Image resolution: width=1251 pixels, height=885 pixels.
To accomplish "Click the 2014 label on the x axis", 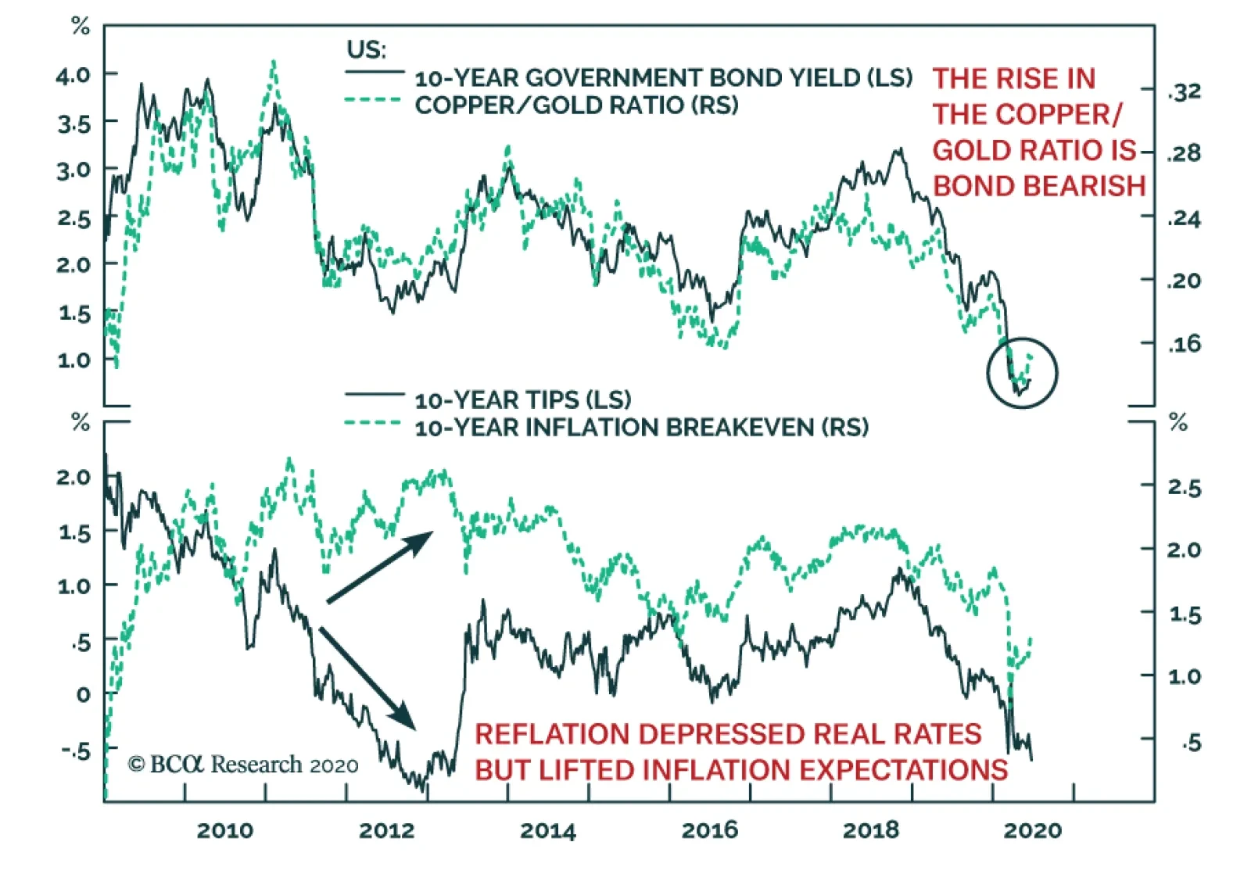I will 547,830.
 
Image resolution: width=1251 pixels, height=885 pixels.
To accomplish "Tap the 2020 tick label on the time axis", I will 1032,830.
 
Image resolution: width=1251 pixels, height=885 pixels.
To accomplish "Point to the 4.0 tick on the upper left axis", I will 73,76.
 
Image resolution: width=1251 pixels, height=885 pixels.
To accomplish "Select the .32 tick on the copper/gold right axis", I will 1184,92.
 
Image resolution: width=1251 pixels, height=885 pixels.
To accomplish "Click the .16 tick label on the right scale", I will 1184,343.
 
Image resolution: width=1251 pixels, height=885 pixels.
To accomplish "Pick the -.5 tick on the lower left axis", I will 76,750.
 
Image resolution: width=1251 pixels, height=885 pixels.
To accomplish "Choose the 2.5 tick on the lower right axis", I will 1184,487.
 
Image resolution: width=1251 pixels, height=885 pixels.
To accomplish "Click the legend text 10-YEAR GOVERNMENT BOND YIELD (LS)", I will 663,78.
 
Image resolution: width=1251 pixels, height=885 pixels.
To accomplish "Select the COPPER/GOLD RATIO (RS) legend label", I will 576,106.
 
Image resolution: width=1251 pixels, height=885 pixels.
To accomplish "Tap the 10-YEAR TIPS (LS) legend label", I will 522,400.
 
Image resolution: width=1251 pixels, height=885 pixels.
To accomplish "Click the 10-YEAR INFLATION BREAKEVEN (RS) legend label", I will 641,428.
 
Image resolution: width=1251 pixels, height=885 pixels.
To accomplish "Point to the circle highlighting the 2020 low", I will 1022,373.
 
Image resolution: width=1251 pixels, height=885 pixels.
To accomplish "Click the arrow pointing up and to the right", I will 380,567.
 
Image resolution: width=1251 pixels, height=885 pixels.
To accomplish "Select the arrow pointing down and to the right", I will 367,678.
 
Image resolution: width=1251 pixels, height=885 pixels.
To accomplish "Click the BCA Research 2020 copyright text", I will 243,764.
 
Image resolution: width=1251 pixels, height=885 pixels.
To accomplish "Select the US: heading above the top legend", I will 366,50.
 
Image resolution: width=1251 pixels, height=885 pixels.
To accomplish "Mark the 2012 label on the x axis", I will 386,830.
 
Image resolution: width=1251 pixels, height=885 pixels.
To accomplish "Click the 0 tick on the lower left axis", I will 83,694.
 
